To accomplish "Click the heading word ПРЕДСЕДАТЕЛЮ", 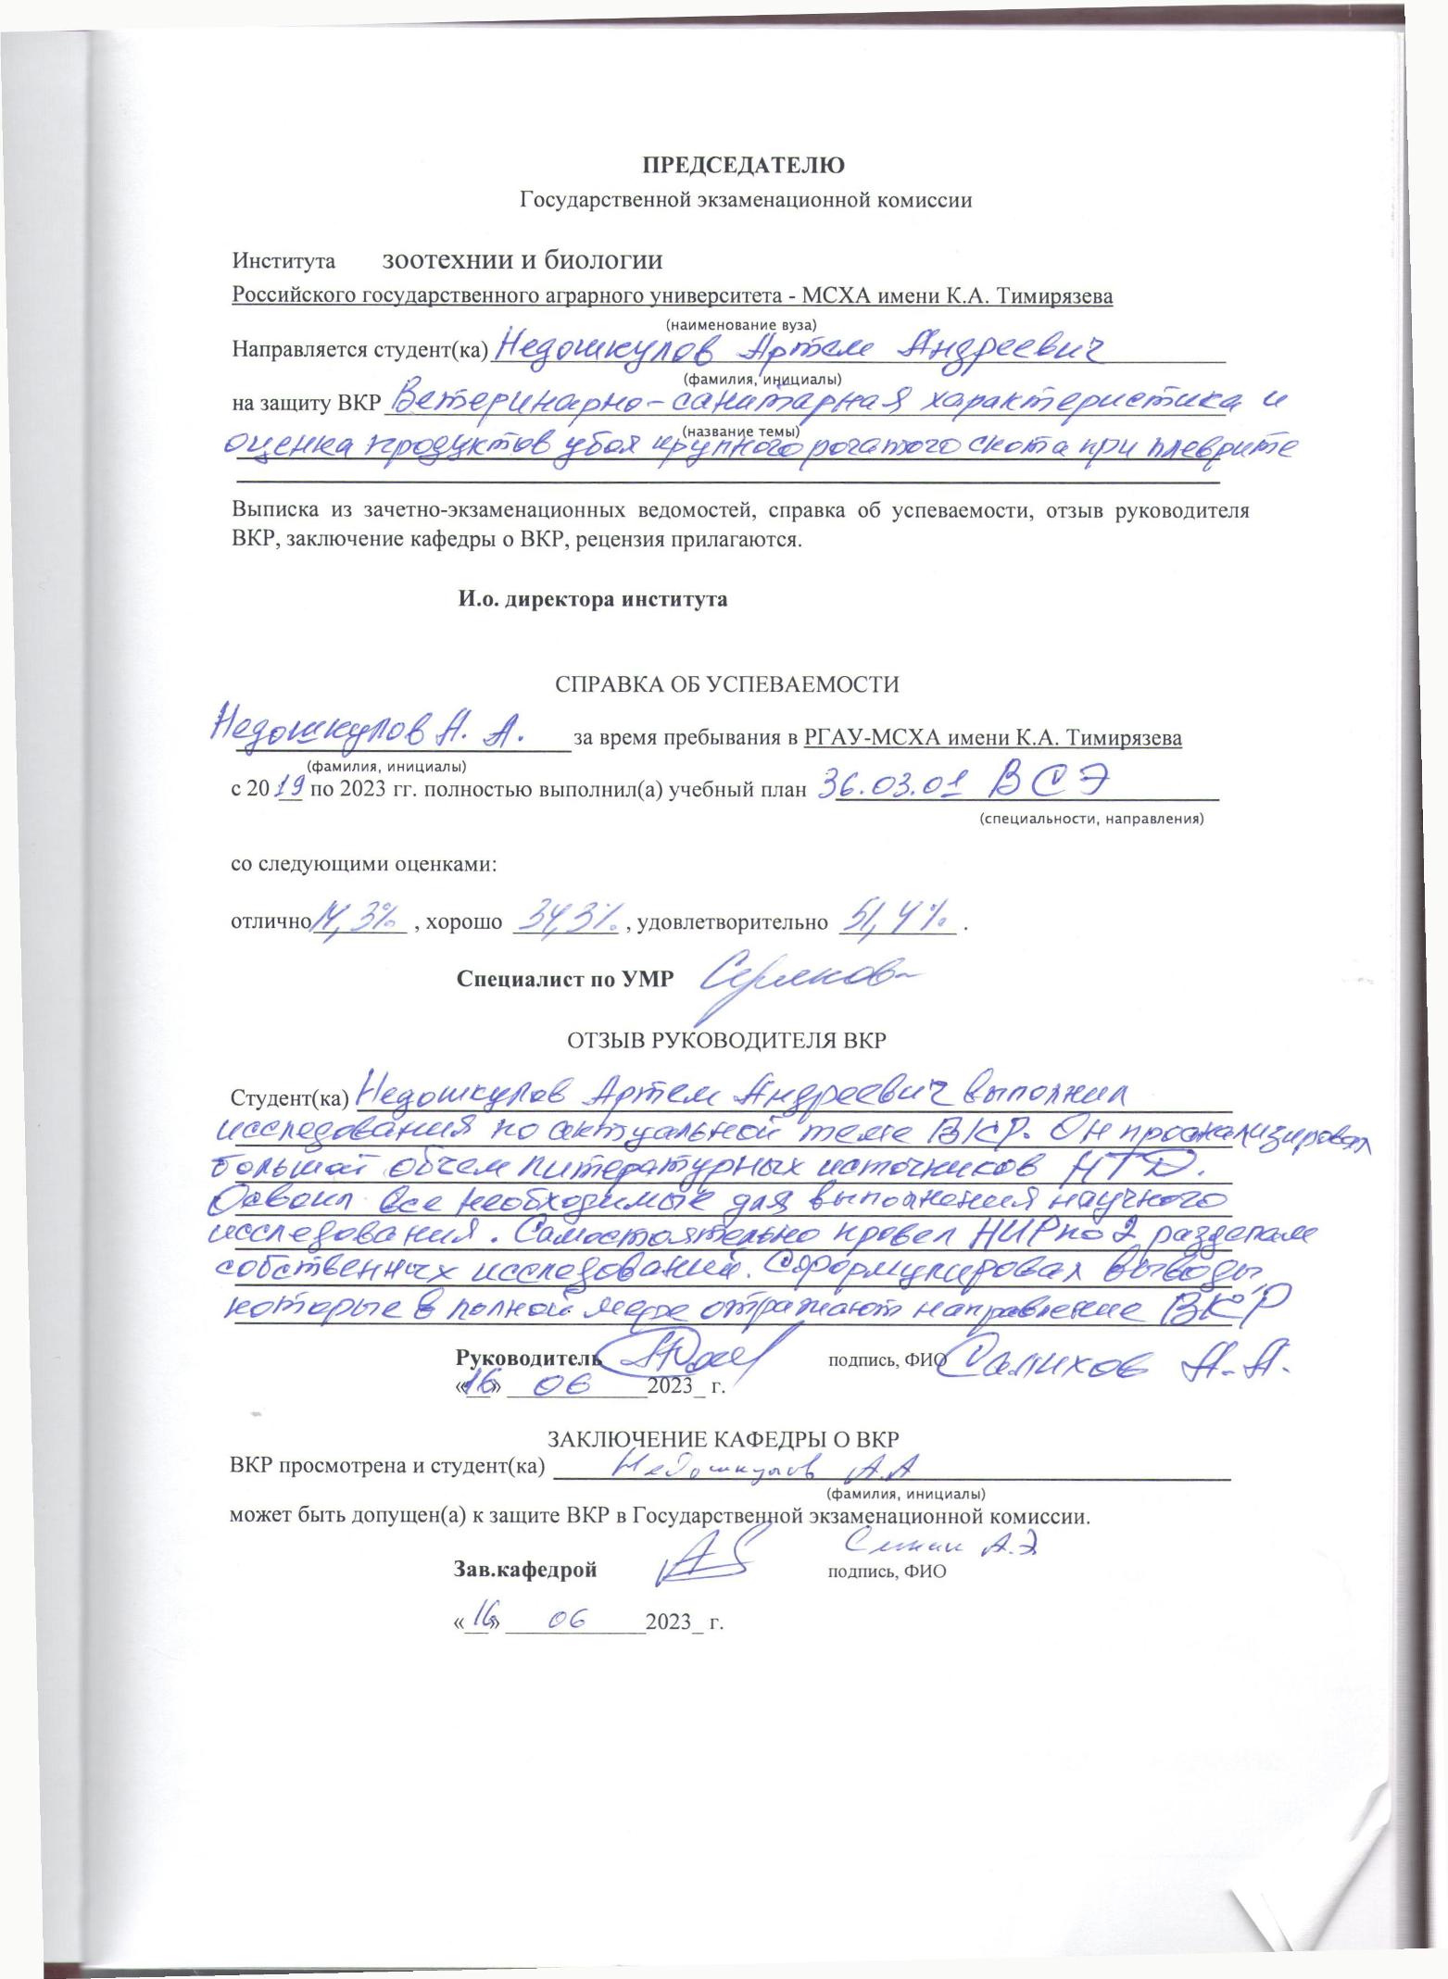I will (744, 166).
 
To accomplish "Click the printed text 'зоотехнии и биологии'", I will (523, 260).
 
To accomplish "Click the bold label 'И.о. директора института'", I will (592, 599).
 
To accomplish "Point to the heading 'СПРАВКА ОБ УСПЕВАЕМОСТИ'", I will (726, 684).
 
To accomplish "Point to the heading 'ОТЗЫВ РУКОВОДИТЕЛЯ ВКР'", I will (726, 1039).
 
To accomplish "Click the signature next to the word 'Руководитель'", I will (693, 1358).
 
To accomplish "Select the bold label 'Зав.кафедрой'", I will (524, 1570).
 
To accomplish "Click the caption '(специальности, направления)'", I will (1091, 819).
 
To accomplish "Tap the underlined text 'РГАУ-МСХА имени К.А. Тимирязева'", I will (992, 738).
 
